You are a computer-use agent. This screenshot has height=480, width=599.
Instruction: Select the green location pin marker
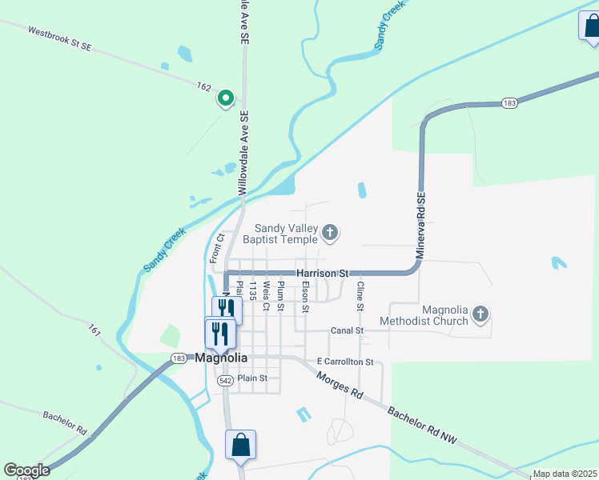click(x=226, y=99)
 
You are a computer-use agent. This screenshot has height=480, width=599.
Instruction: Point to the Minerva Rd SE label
click(x=419, y=228)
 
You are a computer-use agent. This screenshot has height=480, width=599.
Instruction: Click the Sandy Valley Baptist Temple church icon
click(x=329, y=234)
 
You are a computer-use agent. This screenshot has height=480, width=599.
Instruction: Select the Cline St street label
click(x=360, y=296)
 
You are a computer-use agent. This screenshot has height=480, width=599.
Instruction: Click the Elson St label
click(x=305, y=296)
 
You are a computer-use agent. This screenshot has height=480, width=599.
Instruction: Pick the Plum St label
click(x=280, y=295)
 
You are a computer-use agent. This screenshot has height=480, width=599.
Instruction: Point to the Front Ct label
click(x=214, y=248)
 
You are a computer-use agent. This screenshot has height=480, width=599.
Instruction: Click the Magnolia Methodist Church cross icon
click(x=480, y=314)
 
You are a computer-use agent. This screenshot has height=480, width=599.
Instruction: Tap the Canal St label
click(x=348, y=330)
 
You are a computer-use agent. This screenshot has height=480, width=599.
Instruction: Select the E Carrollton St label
click(x=345, y=362)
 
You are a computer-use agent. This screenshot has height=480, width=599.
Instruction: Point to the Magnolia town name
click(x=221, y=358)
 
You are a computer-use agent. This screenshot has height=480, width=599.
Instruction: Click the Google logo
click(x=26, y=470)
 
